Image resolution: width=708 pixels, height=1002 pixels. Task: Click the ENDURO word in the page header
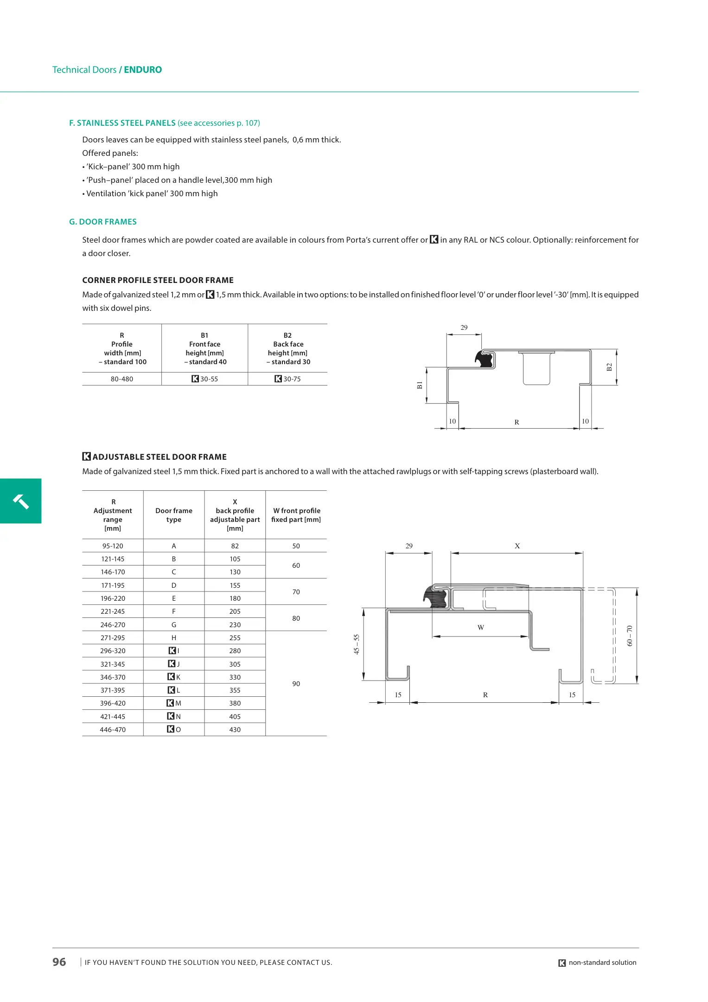point(143,70)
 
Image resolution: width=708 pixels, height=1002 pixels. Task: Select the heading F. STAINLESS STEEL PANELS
point(122,123)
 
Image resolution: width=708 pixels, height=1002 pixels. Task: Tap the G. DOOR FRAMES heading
point(103,222)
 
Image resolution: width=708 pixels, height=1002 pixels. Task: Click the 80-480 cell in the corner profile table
point(122,379)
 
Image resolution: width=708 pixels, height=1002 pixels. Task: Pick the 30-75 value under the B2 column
point(292,379)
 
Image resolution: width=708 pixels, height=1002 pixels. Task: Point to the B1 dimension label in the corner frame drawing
point(420,385)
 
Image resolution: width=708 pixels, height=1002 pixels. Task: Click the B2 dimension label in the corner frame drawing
point(609,367)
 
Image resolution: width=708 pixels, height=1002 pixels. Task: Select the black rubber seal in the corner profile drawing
point(485,359)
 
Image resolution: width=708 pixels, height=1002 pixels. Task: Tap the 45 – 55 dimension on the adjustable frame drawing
point(357,644)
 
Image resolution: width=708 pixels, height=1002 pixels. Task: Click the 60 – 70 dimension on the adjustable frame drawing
point(629,636)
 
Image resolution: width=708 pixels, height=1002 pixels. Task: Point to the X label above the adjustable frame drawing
point(517,546)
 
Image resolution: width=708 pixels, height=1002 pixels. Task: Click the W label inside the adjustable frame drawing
point(481,628)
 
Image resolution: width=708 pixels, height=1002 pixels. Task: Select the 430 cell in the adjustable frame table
point(235,730)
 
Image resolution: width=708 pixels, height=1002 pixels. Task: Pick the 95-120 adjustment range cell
point(113,546)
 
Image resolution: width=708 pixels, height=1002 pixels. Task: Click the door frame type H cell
point(174,638)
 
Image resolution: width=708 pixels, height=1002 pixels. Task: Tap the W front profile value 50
point(296,546)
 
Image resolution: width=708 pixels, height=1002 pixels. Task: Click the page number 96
point(59,962)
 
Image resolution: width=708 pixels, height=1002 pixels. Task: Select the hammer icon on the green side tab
point(21,501)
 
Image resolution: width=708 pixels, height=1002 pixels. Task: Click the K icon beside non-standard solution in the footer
point(562,963)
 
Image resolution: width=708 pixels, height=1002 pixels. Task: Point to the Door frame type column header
point(174,515)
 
